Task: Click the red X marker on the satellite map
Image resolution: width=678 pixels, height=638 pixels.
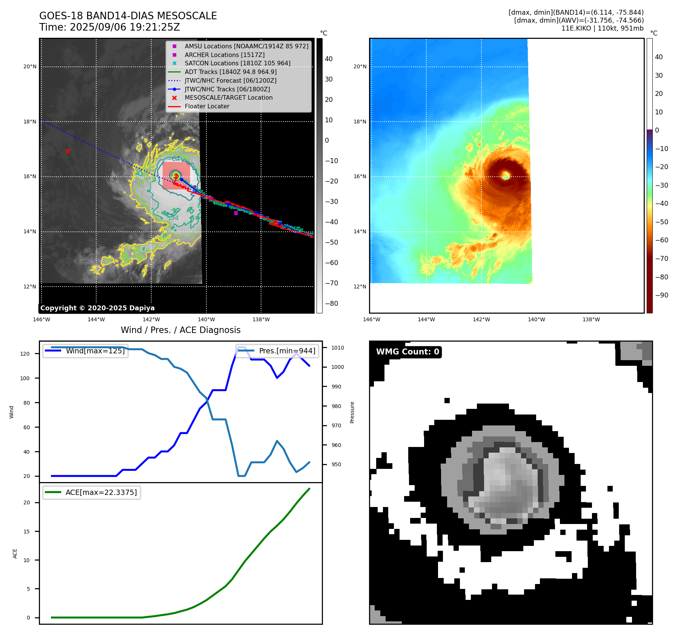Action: (x=68, y=151)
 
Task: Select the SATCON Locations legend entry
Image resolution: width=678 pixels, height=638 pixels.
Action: (x=237, y=63)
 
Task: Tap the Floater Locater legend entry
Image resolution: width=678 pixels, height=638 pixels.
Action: (x=207, y=106)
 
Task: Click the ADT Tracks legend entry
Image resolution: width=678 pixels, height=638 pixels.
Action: (x=231, y=72)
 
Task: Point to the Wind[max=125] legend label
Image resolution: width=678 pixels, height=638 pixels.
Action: (x=95, y=351)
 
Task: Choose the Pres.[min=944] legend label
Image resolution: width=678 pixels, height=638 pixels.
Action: (x=287, y=351)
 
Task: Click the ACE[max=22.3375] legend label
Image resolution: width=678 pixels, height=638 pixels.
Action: (x=101, y=493)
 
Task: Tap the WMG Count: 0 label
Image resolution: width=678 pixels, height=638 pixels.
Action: (x=407, y=352)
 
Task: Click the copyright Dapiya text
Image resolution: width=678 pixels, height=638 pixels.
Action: (x=97, y=308)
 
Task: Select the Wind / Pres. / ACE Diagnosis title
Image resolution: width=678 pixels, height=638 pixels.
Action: (x=180, y=330)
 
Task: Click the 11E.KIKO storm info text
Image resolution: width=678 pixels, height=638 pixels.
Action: (x=602, y=28)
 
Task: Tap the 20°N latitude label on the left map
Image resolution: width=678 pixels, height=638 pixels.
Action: (x=30, y=67)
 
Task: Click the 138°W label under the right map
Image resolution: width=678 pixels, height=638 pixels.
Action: (x=591, y=319)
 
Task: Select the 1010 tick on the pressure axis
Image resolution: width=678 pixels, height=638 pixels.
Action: (x=338, y=348)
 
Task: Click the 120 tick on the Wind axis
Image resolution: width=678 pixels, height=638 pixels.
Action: (x=25, y=354)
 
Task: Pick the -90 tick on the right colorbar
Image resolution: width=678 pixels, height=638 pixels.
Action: (x=661, y=295)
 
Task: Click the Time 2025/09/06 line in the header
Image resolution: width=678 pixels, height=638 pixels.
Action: (x=109, y=28)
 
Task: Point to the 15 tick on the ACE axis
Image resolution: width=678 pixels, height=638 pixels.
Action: (x=26, y=532)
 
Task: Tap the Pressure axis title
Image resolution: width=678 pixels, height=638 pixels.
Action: (x=352, y=412)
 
